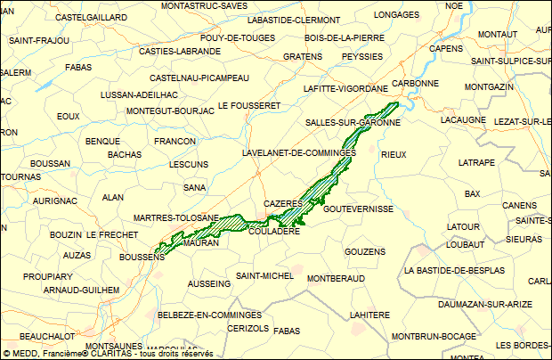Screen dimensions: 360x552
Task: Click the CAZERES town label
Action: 284,204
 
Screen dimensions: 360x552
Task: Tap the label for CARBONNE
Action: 416,83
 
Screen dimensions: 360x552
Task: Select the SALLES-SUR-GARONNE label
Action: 353,122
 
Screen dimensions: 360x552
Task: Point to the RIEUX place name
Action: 394,154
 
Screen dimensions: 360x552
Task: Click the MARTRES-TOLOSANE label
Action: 175,218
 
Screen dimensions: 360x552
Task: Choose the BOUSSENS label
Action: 142,258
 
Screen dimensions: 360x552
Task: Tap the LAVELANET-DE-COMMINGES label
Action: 299,153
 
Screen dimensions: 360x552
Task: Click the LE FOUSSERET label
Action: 249,105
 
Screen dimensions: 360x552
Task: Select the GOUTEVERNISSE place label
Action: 359,209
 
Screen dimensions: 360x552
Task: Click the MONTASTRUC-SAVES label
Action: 204,5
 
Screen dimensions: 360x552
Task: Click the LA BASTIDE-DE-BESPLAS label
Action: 454,270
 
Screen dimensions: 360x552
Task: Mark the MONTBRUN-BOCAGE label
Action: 434,336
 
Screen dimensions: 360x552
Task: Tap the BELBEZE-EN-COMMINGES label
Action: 204,315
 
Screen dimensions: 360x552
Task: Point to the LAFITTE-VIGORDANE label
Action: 345,89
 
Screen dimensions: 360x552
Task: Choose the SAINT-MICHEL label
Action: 264,276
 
